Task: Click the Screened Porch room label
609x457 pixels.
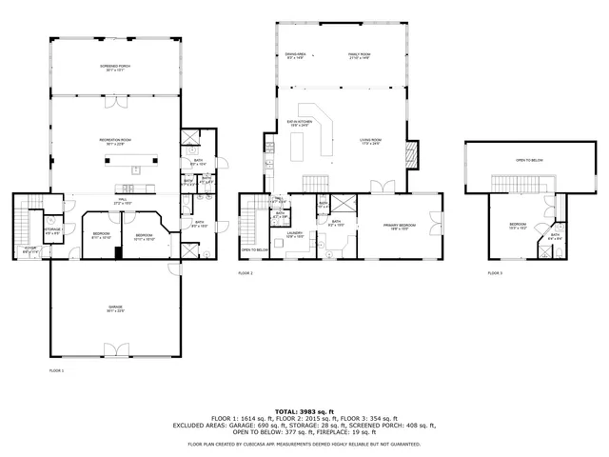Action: [x=115, y=68]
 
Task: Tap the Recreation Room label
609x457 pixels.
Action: [x=115, y=141]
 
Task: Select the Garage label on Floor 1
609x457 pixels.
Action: [x=115, y=308]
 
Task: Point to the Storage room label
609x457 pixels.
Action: [x=52, y=230]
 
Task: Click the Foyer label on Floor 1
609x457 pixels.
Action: [x=29, y=249]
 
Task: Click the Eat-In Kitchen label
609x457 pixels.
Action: [x=301, y=123]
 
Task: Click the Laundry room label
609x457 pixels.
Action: [x=296, y=234]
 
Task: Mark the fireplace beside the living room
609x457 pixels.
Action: [x=412, y=153]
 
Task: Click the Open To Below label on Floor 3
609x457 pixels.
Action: [x=529, y=160]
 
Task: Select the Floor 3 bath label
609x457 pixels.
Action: [x=555, y=235]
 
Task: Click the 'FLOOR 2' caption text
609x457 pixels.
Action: [x=246, y=272]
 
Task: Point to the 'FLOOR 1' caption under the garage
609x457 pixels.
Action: [x=56, y=369]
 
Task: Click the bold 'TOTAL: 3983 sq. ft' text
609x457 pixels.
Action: [x=304, y=411]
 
